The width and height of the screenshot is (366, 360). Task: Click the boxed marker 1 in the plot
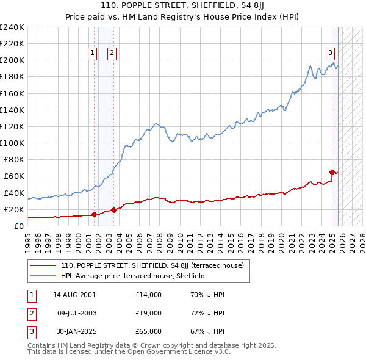(92, 53)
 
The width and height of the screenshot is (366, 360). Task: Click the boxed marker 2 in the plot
(112, 53)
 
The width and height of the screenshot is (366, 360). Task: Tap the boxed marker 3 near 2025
(330, 53)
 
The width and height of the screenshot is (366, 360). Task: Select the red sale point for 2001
(94, 214)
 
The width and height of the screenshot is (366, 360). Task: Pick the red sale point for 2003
(113, 210)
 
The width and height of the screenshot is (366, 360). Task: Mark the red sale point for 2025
(332, 172)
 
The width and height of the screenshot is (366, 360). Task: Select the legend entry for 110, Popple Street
(152, 265)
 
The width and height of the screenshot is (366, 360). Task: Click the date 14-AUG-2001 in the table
(74, 295)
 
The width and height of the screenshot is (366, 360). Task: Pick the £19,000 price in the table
(149, 313)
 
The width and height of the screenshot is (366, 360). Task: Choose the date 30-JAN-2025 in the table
(74, 331)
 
